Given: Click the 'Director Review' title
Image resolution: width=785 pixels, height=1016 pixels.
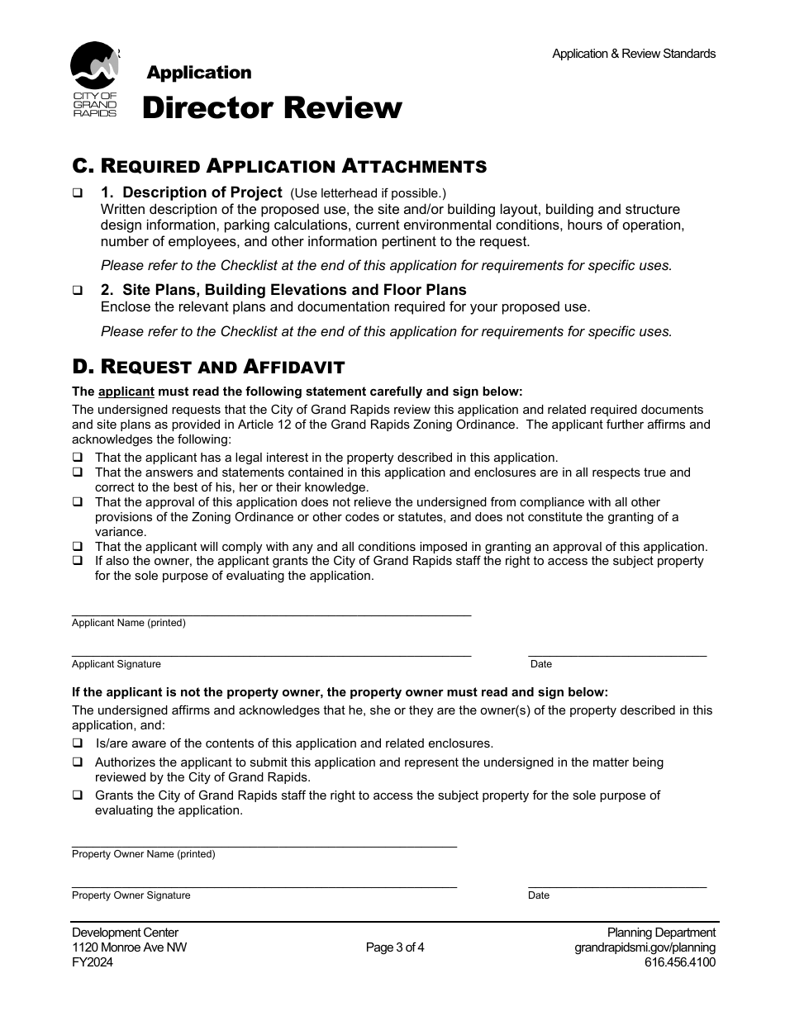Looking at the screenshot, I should pos(272,107).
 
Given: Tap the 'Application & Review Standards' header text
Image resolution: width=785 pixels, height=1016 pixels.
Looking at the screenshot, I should pos(634,54).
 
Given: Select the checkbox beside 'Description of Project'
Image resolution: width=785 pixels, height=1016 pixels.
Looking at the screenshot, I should pos(78,193).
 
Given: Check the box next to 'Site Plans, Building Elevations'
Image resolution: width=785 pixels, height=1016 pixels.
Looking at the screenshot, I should pos(78,291).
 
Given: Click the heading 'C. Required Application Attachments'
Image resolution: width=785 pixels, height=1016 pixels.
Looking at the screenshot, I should pos(279,166).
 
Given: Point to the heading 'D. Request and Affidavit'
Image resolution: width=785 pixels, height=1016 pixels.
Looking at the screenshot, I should pos(208,366).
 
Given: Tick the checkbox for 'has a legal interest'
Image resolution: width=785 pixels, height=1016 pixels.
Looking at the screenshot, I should pos(77,458).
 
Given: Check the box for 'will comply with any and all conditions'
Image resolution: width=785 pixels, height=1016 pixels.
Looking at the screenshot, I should pos(77,547).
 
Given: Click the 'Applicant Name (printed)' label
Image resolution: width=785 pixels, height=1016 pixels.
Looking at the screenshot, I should pos(128,623).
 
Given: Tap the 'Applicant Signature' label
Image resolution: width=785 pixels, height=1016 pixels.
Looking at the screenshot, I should pos(116,664).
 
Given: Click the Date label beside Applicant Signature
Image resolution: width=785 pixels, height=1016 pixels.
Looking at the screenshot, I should pos(541,664).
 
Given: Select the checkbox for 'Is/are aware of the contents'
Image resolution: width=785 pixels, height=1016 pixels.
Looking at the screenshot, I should pos(77,743).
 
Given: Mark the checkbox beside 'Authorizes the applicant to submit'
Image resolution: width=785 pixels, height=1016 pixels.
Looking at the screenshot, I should pos(77,762).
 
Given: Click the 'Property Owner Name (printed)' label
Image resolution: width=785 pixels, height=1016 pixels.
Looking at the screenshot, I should pos(143,854).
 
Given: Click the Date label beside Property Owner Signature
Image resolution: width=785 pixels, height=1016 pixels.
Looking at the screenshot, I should pos(539,895).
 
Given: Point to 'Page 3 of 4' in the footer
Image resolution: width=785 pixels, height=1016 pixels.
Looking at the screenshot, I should pos(395,947).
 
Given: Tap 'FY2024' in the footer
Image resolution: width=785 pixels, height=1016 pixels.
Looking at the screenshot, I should pos(93,962).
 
